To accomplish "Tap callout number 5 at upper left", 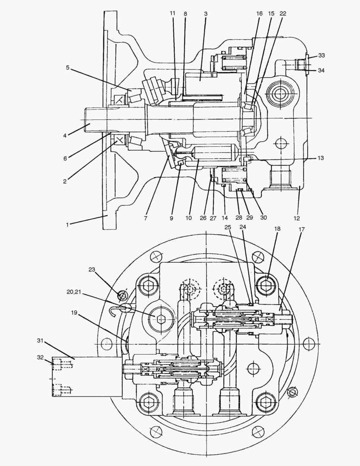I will click(68, 68).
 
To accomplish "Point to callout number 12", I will click(296, 218).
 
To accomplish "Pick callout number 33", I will click(322, 56).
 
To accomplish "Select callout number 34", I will click(322, 70).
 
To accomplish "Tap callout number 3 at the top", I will click(206, 14).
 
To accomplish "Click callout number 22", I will click(283, 14).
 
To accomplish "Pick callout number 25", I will click(228, 227).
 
